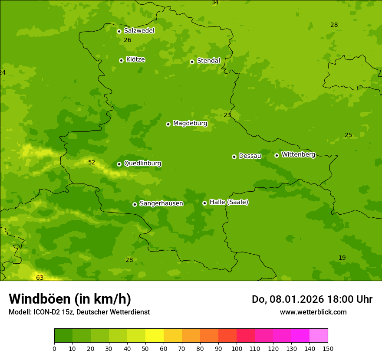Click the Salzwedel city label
(139, 31)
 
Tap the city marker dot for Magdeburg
(168, 124)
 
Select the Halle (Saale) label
(229, 202)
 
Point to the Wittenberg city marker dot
(277, 155)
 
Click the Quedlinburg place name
(142, 164)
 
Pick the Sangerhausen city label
(161, 203)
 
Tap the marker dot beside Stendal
(192, 62)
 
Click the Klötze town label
(135, 60)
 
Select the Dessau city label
(250, 156)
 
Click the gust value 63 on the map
(40, 278)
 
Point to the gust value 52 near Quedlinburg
(92, 163)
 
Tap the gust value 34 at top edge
(215, 3)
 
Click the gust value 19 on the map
(342, 258)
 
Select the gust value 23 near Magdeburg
(227, 115)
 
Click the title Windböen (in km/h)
(70, 299)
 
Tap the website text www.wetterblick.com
(313, 312)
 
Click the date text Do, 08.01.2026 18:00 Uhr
(312, 299)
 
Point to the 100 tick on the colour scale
(237, 348)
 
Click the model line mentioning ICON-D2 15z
(79, 312)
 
